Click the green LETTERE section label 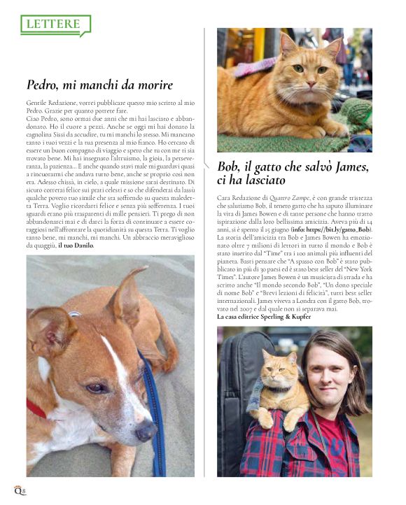click(54, 24)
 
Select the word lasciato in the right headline click(263, 181)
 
